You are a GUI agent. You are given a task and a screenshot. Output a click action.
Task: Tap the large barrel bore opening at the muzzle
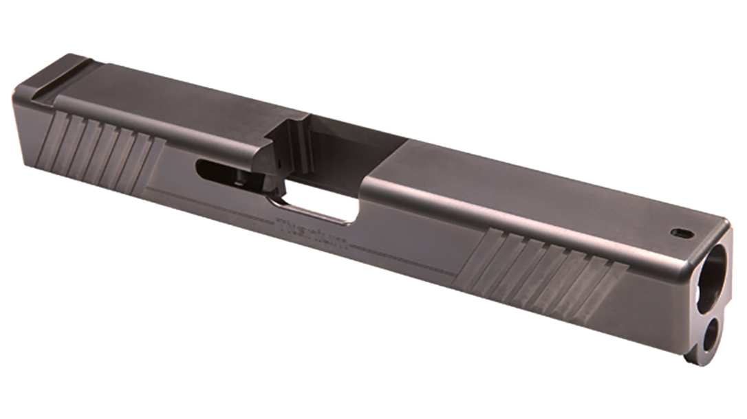coord(715,269)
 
